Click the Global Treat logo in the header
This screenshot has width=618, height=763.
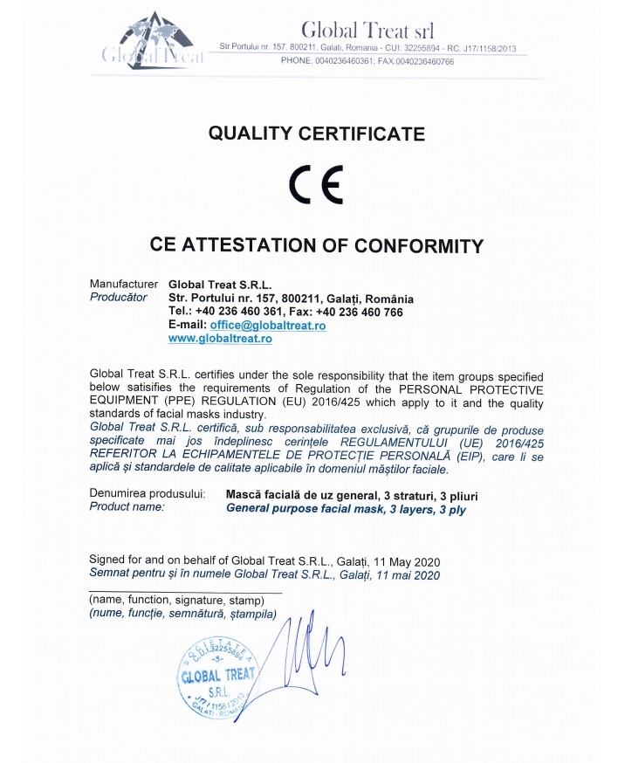[152, 42]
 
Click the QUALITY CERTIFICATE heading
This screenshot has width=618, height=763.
[316, 134]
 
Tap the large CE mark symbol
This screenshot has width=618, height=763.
[315, 185]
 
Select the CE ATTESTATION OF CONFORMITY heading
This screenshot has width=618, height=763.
[316, 245]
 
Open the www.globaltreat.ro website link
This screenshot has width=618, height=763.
[220, 338]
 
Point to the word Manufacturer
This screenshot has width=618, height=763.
[124, 285]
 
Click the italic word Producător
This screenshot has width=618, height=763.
[119, 298]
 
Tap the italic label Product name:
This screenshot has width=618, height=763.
[127, 507]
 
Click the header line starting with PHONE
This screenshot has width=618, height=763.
[367, 60]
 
